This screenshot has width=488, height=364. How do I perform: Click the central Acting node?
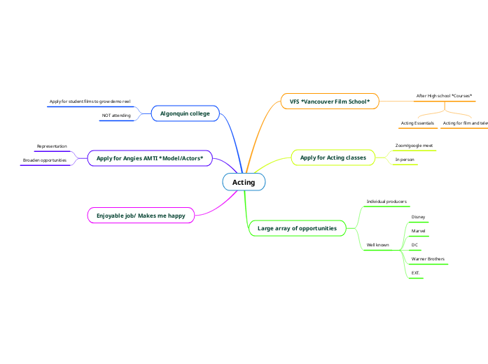pyautogui.click(x=244, y=183)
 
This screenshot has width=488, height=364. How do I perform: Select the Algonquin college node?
pyautogui.click(x=185, y=113)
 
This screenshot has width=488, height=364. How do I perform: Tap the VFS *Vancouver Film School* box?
pyautogui.click(x=329, y=101)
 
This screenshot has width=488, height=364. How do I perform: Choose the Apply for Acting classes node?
pyautogui.click(x=333, y=158)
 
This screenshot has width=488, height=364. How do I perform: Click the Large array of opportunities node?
pyautogui.click(x=297, y=228)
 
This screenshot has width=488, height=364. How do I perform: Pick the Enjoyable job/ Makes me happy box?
pyautogui.click(x=141, y=216)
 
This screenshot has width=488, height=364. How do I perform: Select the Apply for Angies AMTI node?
pyautogui.click(x=150, y=159)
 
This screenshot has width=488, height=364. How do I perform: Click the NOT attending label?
pyautogui.click(x=116, y=115)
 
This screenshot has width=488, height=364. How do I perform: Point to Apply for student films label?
pyautogui.click(x=90, y=101)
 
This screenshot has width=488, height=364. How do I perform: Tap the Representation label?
pyautogui.click(x=52, y=146)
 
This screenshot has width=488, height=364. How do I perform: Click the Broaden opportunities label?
pyautogui.click(x=45, y=160)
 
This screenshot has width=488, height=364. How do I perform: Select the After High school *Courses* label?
pyautogui.click(x=444, y=95)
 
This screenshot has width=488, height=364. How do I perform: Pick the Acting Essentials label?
pyautogui.click(x=417, y=123)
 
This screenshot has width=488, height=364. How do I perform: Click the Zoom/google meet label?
pyautogui.click(x=414, y=146)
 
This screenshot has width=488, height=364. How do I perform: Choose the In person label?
pyautogui.click(x=405, y=160)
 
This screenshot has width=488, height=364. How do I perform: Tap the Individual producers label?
pyautogui.click(x=386, y=202)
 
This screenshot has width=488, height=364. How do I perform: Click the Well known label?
pyautogui.click(x=378, y=245)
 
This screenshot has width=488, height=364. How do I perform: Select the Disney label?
pyautogui.click(x=418, y=217)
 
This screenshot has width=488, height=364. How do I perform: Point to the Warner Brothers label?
pyautogui.click(x=428, y=259)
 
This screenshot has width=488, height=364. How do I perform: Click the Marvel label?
pyautogui.click(x=419, y=231)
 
